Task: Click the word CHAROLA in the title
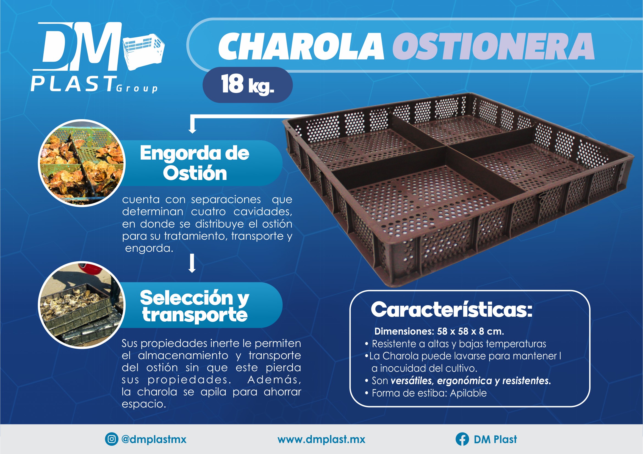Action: coord(301,46)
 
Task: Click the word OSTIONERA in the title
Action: coord(493,46)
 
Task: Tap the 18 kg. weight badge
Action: coord(248,85)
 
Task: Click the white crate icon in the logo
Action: coord(144,52)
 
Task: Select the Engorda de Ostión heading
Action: coord(195,163)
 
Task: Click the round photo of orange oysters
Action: coord(82,163)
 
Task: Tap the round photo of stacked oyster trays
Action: coord(82,305)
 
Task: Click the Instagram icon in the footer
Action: coord(112,439)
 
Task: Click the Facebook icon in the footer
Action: coord(462,439)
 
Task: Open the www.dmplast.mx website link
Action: coord(321,439)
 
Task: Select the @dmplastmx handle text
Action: coord(154,439)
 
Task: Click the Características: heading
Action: coord(451,310)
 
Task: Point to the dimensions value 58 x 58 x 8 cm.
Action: coord(470,332)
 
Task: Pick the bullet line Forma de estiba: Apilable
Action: coord(426,393)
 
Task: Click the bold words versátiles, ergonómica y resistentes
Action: coord(471,381)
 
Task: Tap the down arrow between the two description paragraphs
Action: coord(192,263)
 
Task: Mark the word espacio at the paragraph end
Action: coord(144,404)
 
